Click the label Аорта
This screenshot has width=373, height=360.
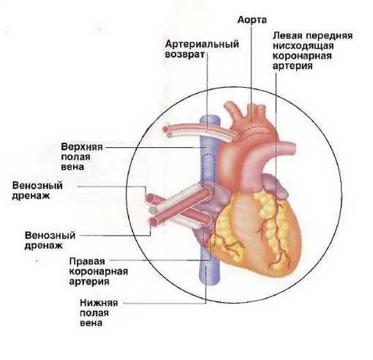[x=252, y=20]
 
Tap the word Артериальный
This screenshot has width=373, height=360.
[x=202, y=45]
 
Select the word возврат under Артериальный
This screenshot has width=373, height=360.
[x=185, y=54]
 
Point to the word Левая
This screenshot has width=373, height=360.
[x=287, y=36]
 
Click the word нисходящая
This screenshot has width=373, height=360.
[x=303, y=46]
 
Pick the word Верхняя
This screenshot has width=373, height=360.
[x=82, y=147]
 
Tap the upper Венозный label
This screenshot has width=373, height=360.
[x=37, y=185]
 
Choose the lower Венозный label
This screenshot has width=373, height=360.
[x=50, y=236]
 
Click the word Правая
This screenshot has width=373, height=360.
[x=87, y=261]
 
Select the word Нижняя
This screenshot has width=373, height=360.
[x=99, y=303]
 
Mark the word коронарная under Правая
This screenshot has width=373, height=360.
[x=99, y=271]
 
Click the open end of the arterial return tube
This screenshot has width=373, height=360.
[x=166, y=128]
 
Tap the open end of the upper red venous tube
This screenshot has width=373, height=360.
[x=149, y=198]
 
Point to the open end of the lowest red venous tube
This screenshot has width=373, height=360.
[x=154, y=222]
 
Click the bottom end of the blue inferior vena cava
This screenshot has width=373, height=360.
[x=210, y=285]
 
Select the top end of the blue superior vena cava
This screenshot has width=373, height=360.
[x=210, y=118]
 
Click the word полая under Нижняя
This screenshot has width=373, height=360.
[x=94, y=313]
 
